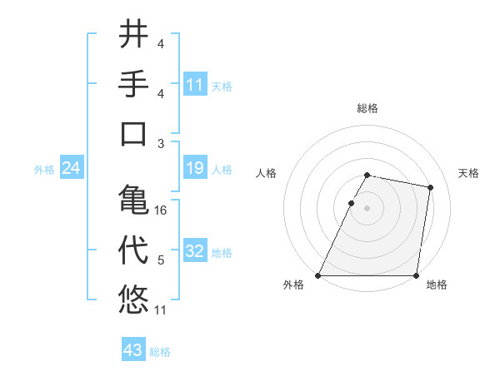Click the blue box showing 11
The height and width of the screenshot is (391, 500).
195,85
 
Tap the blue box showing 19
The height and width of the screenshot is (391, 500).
195,169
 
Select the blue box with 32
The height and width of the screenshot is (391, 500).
195,252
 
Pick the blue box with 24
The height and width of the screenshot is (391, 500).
71,169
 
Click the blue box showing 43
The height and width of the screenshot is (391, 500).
133,350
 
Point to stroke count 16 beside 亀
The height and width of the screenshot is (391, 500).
161,210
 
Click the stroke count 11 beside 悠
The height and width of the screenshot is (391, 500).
161,310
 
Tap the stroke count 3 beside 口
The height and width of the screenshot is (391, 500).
161,144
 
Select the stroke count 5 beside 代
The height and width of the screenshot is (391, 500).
161,261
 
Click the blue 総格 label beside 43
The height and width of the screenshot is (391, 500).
160,352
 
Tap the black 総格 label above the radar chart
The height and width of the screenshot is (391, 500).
367,109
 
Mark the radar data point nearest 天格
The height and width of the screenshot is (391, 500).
430,188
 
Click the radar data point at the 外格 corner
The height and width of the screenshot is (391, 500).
318,275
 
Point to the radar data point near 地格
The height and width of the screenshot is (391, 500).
416,275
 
